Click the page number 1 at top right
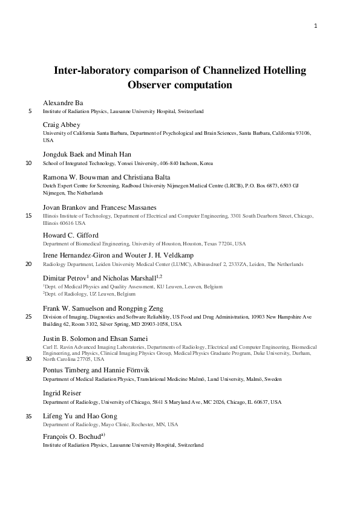coord(316,25)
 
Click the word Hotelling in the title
coord(279,71)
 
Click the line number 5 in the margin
coord(30,111)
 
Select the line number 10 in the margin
coord(29,163)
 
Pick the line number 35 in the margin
coord(29,416)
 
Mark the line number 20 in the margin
coord(29,264)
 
